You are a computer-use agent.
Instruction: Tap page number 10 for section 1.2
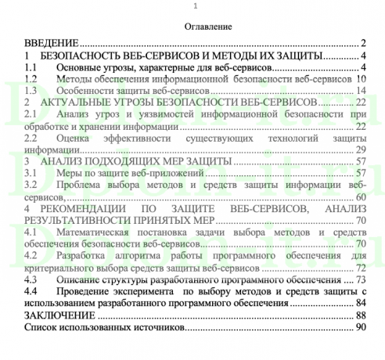361,79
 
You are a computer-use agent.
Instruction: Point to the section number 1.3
31,91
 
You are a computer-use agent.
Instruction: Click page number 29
361,149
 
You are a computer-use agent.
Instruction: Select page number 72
361,267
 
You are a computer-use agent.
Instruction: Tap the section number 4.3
31,279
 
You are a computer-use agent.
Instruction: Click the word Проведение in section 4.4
85,290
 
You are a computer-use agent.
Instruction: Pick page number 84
361,302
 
